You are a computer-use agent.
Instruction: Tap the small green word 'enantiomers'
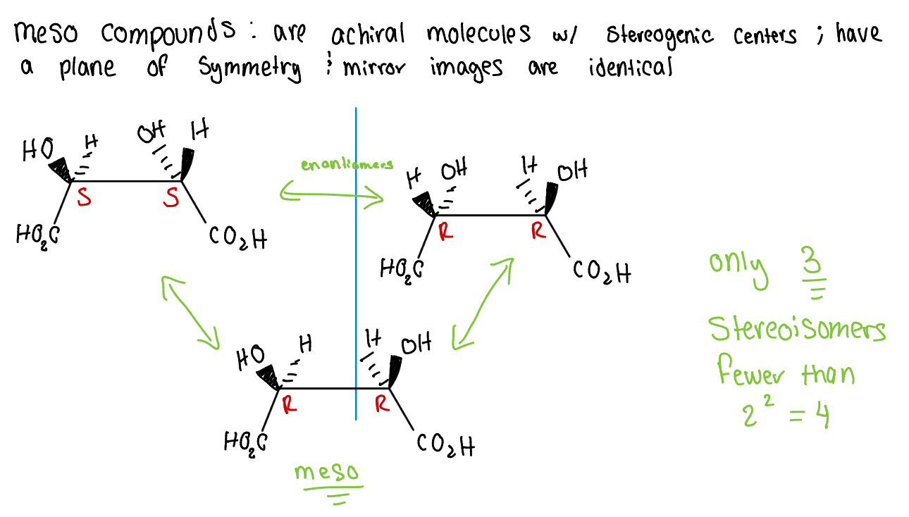click(x=347, y=166)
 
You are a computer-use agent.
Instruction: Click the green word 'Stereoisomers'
click(x=796, y=329)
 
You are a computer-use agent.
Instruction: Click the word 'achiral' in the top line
click(x=367, y=34)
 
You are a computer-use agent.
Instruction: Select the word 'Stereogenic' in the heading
click(x=658, y=36)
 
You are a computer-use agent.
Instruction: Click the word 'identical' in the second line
click(x=631, y=68)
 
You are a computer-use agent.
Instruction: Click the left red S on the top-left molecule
click(x=84, y=199)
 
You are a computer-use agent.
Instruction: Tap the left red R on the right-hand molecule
click(x=445, y=232)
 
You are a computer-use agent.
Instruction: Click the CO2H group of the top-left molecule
click(x=237, y=239)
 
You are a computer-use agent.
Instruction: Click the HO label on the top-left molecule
click(x=37, y=150)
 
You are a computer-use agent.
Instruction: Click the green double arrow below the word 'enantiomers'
click(x=331, y=194)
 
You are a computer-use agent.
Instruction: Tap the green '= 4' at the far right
click(x=809, y=416)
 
